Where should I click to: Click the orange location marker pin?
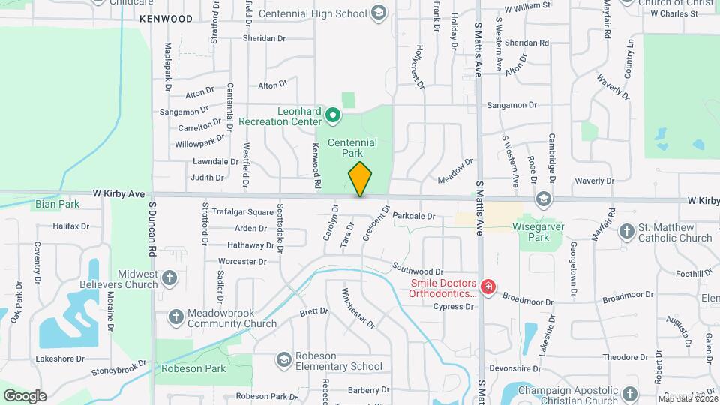click(360, 179)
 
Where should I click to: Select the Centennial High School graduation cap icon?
click(379, 13)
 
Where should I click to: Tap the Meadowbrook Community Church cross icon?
click(175, 316)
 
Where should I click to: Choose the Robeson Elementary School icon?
click(283, 361)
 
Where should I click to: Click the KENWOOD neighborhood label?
click(166, 17)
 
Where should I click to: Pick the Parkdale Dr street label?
click(413, 216)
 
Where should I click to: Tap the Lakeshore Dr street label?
click(61, 359)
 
